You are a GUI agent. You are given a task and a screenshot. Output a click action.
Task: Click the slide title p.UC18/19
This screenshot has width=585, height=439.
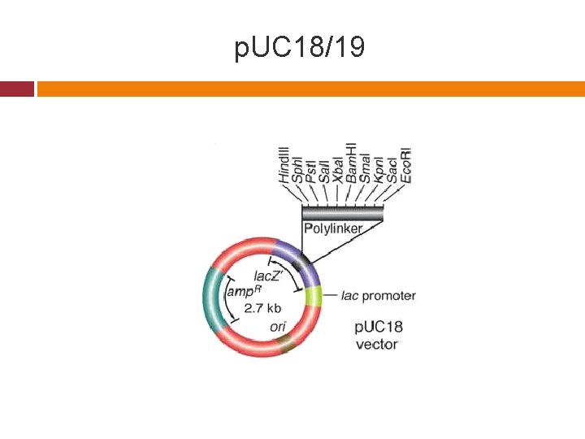(x=299, y=49)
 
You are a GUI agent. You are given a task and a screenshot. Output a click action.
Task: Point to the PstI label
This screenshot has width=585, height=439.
(x=310, y=167)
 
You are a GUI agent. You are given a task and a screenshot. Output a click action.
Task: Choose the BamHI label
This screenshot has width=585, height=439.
(x=351, y=160)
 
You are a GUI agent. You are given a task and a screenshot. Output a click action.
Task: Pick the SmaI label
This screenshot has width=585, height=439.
(x=365, y=167)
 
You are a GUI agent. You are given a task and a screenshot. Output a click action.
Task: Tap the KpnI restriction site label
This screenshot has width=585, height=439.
(x=379, y=167)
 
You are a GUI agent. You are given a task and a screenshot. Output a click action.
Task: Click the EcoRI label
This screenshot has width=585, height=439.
(x=406, y=163)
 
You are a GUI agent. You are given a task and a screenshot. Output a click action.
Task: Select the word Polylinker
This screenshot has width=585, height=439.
(x=333, y=228)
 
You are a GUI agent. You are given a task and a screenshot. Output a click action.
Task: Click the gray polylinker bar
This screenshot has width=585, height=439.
(x=342, y=213)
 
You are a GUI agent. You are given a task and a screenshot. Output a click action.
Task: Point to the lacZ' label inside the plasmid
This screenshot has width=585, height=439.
(x=269, y=276)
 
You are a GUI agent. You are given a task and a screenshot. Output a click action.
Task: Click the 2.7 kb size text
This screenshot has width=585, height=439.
(x=263, y=308)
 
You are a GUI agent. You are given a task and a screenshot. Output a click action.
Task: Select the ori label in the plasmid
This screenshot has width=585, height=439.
(x=278, y=327)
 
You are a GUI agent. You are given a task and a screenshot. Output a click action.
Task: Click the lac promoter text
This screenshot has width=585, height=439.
(x=378, y=295)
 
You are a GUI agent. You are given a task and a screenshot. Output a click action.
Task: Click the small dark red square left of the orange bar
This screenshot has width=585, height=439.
(x=17, y=89)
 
